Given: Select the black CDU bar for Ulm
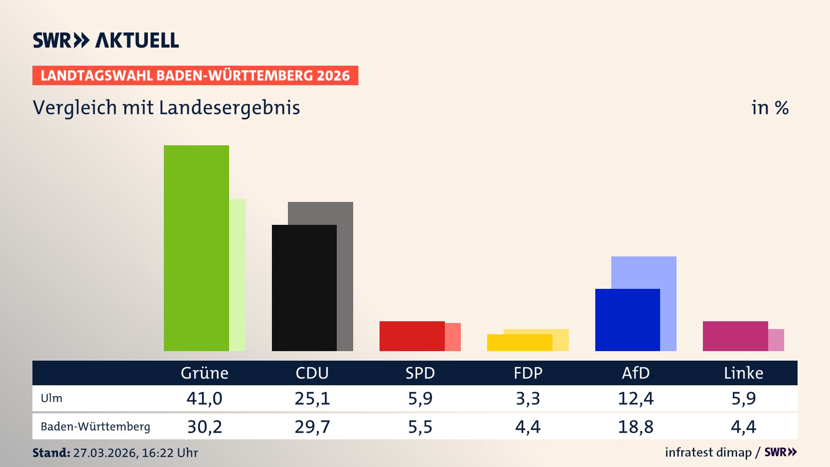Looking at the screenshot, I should click(304, 288).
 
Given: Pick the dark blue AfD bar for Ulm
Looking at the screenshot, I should click(627, 320).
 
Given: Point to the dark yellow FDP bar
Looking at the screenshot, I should click(520, 342).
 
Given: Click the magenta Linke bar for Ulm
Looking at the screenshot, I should click(735, 336).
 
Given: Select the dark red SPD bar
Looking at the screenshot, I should click(412, 336).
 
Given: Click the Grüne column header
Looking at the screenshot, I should click(204, 373).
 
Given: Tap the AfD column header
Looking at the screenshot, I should click(635, 373).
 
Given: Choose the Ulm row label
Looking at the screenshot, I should click(51, 398).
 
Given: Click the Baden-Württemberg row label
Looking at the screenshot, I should click(95, 427).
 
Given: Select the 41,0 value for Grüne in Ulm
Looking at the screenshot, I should click(204, 398).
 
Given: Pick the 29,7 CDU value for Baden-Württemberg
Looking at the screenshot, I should click(312, 427).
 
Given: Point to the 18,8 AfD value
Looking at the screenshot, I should click(635, 427).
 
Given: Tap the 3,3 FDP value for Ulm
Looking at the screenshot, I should click(528, 398).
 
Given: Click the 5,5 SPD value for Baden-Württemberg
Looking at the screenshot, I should click(420, 427).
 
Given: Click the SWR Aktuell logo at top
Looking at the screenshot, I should click(106, 40).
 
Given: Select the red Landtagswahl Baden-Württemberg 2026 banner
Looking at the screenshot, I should click(195, 76).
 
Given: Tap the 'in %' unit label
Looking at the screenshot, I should click(770, 108).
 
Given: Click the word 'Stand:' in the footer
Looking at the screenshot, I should click(51, 453).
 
